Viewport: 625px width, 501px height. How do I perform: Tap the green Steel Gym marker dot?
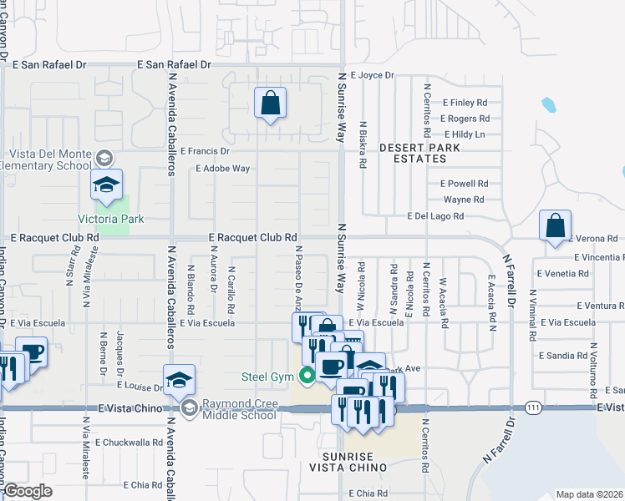pos(307,376)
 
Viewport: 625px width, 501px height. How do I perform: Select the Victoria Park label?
pos(111,220)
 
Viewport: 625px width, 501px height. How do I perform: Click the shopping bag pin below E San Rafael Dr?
pos(271,104)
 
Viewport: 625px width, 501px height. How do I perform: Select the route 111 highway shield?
pos(532,406)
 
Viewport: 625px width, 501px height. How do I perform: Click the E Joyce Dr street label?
pos(372,75)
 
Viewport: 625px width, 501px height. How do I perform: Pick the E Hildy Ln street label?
pos(464,134)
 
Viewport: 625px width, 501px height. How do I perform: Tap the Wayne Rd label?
pos(464,200)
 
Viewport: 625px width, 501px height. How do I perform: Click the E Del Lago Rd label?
pos(434,216)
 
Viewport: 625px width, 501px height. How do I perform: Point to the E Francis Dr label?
pos(204,151)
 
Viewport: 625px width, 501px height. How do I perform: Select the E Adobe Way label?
pos(222,168)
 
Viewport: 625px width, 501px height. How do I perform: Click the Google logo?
pos(28,491)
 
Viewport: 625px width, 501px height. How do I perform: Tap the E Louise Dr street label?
pos(140,387)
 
